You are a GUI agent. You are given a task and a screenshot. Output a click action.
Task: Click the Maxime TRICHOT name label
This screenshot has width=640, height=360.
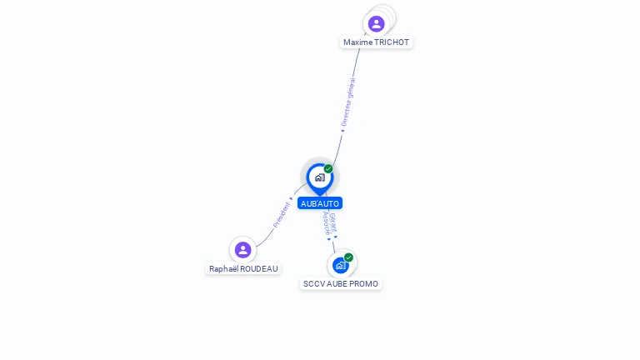[377, 42]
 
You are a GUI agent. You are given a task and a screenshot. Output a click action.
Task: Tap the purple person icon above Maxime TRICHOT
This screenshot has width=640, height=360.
[377, 23]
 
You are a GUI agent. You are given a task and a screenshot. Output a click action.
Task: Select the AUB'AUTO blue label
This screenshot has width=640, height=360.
[320, 203]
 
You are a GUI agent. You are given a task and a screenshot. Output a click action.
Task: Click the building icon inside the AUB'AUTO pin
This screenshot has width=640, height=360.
[319, 177]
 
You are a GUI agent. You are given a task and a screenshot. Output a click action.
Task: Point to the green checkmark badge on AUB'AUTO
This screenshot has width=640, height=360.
[328, 169]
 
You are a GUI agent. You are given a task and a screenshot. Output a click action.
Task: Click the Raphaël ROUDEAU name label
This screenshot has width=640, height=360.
[243, 269]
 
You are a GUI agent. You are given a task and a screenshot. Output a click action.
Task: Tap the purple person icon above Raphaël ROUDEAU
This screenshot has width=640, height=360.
[242, 249]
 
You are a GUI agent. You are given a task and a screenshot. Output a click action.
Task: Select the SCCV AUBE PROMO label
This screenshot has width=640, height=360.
[340, 284]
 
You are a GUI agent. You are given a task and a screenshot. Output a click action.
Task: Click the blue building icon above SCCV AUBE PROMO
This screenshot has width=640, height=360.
[339, 266]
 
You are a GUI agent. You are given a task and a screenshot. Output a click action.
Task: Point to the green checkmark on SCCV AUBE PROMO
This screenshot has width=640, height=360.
[348, 257]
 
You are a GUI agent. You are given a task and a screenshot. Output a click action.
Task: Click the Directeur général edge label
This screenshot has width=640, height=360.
[347, 102]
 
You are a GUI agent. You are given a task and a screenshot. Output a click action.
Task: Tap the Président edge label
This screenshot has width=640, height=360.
[282, 215]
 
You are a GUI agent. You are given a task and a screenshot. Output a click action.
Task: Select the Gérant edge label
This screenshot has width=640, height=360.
[333, 223]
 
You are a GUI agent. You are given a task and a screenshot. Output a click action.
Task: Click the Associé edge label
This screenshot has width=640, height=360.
[326, 223]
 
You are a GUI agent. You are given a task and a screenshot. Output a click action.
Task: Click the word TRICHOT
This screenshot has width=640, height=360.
[392, 42]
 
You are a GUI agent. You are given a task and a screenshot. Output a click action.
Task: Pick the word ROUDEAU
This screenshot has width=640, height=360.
[257, 269]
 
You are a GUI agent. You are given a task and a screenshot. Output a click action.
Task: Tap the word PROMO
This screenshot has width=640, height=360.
[363, 284]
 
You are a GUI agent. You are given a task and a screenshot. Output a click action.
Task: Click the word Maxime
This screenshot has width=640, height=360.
[358, 42]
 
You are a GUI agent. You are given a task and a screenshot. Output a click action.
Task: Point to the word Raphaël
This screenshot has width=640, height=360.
[222, 269]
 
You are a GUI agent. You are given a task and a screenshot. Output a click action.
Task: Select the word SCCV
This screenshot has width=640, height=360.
[313, 284]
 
